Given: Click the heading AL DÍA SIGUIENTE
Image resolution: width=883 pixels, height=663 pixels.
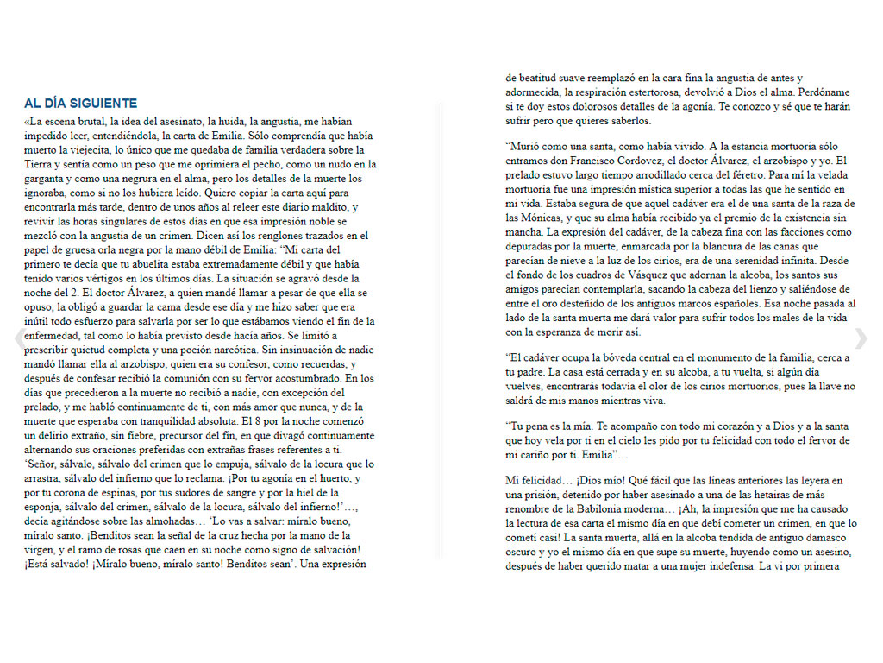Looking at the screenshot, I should pos(80,103).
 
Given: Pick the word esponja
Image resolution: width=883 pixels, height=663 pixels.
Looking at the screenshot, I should pos(45,507).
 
